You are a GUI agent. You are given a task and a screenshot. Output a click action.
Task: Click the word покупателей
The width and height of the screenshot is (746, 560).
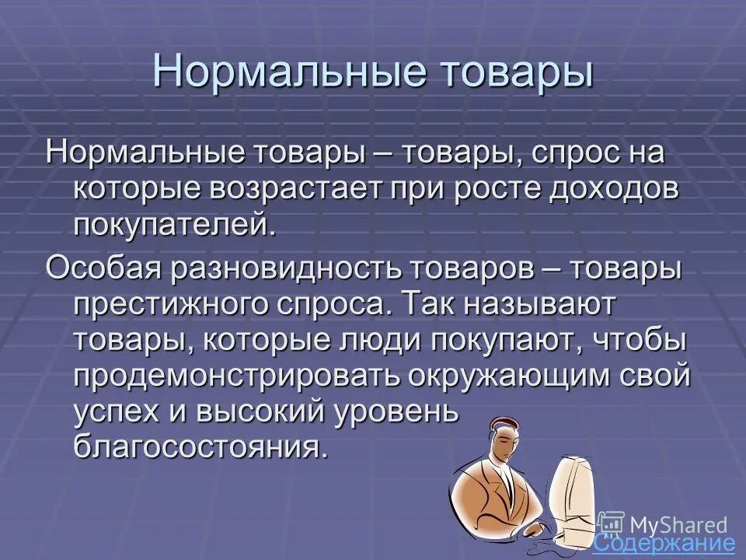pos(175,226)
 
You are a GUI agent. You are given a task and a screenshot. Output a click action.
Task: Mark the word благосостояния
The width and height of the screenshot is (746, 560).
pos(197,449)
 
